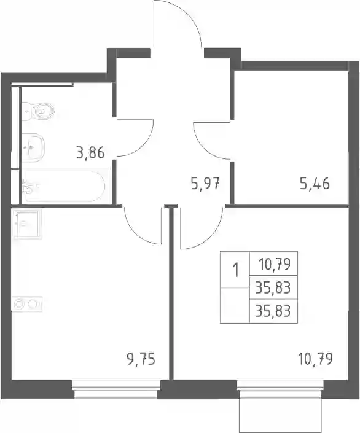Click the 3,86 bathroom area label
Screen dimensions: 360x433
91,153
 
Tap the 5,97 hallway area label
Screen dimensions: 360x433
205,183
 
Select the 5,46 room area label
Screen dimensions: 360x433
315,183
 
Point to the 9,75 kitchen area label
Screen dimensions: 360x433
141,359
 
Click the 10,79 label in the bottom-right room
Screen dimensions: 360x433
316,359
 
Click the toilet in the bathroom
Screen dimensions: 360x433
38,111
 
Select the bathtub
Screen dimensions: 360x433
65,186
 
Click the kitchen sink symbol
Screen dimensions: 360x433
28,224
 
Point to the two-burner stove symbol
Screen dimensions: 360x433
27,304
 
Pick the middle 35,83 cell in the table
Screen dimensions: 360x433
273,288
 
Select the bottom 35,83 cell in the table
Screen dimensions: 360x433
273,311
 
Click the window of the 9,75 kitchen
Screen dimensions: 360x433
116,389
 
